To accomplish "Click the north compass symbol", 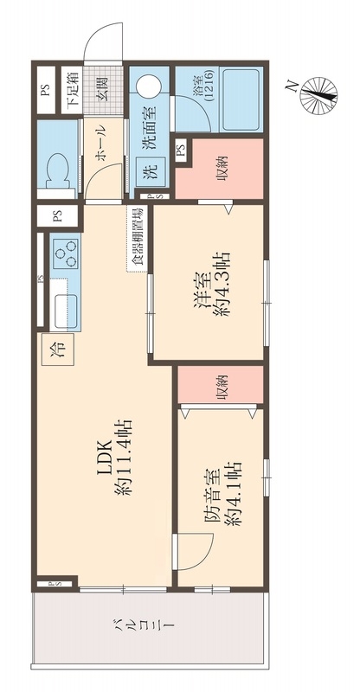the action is click(318, 95).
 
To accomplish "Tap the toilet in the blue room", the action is click(58, 172).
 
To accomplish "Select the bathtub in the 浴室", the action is click(241, 99).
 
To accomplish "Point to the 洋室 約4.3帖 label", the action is click(211, 283).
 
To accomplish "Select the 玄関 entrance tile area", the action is click(103, 90).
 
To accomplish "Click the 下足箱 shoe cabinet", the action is click(71, 90).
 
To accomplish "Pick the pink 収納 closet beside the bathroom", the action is click(220, 168).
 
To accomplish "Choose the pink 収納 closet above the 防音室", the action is click(221, 384).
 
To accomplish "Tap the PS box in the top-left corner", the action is click(46, 90).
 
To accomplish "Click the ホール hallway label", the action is click(100, 144).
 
